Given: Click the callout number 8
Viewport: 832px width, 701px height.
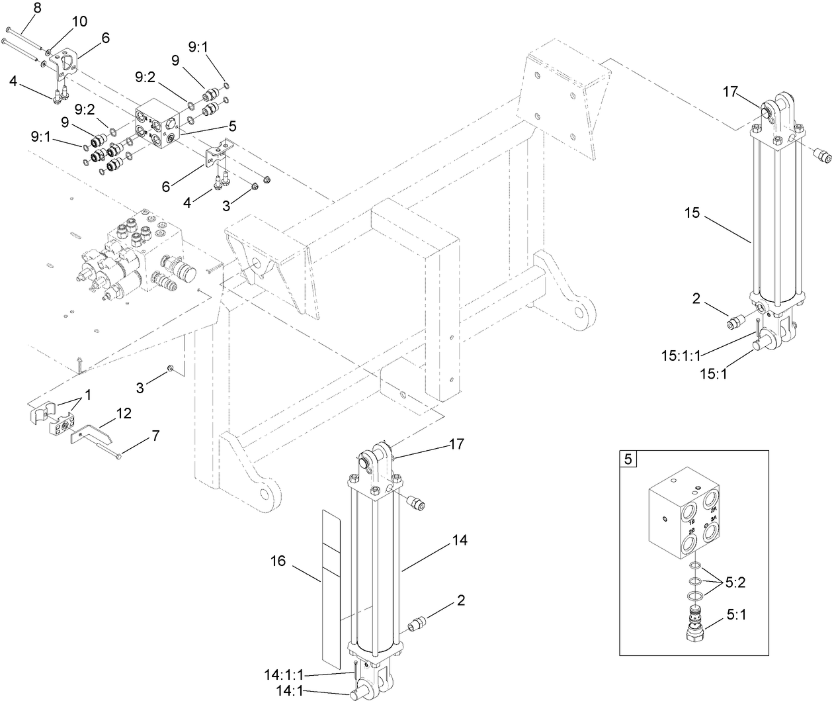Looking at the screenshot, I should pos(18,9).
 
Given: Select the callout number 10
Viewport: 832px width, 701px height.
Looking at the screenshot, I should pos(79,21).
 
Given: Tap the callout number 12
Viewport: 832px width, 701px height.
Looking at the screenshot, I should pos(124,414).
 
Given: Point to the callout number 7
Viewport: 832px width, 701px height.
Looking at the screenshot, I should pos(155,436).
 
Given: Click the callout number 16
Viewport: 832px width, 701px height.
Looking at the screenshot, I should pos(278,561).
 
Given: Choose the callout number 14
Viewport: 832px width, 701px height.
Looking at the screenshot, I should pos(460,541).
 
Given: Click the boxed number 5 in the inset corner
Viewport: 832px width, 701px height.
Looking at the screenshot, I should pos(628,459).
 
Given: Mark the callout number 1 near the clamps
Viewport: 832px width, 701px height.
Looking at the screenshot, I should pos(87,393).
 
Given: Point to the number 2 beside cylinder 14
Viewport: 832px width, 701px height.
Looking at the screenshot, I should pos(460,600).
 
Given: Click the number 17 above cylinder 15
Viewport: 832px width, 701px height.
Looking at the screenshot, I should pos(729,92).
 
